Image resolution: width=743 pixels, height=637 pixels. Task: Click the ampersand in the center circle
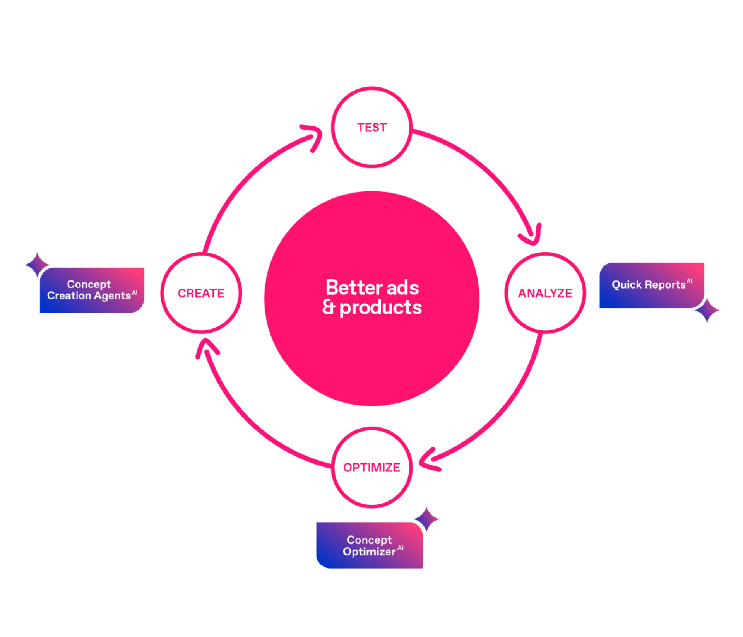coord(329,307)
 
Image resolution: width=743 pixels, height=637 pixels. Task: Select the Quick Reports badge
coord(652,285)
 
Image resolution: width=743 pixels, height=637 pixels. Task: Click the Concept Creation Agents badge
coord(92,290)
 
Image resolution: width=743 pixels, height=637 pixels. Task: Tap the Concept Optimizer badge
coord(370,545)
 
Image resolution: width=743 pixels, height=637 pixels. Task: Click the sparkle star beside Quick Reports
coord(707,310)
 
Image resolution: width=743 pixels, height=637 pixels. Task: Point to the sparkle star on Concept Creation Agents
coord(37,265)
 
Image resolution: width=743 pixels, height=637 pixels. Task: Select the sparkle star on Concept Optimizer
coord(426,519)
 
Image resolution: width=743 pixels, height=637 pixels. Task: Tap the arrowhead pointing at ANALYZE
coord(532,236)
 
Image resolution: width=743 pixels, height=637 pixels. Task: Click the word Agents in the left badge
coord(113,296)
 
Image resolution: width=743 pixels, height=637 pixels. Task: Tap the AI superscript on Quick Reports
coord(690,281)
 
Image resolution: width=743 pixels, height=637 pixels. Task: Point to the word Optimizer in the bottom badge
coord(369,552)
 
